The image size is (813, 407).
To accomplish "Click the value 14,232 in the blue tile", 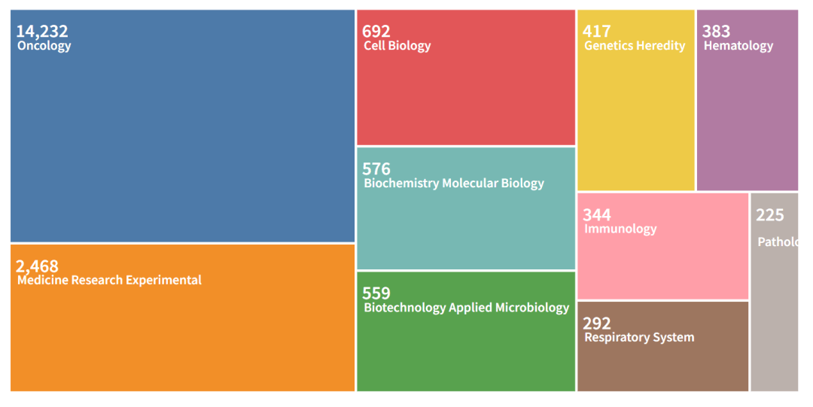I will (x=42, y=32).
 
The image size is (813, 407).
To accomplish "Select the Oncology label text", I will (x=44, y=46).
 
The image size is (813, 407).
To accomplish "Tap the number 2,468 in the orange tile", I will (x=37, y=266).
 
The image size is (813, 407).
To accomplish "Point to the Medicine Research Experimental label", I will (x=109, y=281).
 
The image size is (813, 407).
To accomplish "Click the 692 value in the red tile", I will (x=376, y=32).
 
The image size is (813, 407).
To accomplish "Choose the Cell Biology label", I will (x=397, y=46).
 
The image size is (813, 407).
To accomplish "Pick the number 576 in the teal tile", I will (x=376, y=169).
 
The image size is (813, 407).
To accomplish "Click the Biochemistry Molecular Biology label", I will (x=453, y=184).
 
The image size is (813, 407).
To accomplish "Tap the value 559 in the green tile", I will (x=376, y=293).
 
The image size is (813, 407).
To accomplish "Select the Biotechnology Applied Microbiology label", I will (x=466, y=308).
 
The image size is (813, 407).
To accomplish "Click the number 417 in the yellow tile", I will (x=597, y=32).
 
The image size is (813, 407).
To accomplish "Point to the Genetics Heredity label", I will (x=635, y=46).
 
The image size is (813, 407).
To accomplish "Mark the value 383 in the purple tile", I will (x=716, y=32).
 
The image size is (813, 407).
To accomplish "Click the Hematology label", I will (x=738, y=46).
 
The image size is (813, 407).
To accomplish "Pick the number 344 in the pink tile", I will (x=597, y=215).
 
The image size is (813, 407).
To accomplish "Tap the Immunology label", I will (x=620, y=229).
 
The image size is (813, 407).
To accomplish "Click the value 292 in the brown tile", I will (x=597, y=323).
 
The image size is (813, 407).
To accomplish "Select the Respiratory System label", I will (x=639, y=338).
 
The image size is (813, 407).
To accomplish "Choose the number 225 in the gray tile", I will (x=770, y=215).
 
